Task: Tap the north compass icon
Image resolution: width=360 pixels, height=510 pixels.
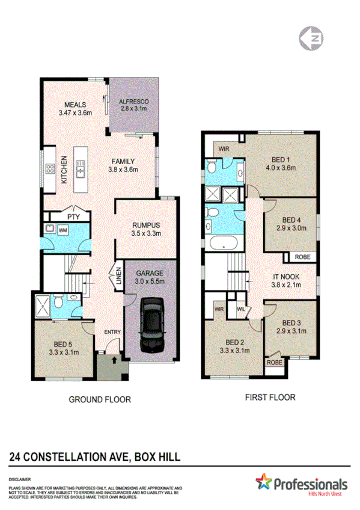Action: point(311,38)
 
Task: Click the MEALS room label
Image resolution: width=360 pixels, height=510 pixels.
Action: point(75,104)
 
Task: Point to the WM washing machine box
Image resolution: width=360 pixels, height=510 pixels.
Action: point(63,229)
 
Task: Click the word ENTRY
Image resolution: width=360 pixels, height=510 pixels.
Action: point(112,333)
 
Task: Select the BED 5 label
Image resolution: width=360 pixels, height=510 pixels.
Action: point(63,345)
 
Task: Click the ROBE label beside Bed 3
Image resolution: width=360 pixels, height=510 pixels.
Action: point(275,363)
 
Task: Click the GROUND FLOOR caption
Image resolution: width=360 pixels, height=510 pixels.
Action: point(100,399)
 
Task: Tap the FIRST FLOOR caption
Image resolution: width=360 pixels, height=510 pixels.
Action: point(270,398)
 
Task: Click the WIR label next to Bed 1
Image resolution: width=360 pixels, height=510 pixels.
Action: point(224,148)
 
